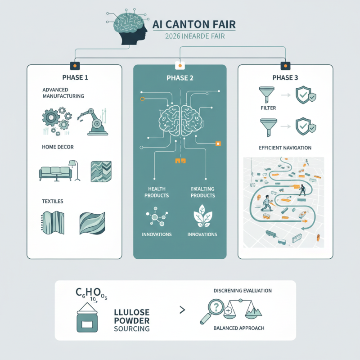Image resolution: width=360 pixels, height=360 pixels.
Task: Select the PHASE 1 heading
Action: click(74, 77)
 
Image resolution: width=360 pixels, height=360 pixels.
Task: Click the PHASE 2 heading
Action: click(180, 77)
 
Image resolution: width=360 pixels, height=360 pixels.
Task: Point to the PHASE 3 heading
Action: click(285, 77)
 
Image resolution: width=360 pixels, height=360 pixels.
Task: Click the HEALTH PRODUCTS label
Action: click(156, 193)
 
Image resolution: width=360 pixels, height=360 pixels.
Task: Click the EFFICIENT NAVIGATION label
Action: click(285, 148)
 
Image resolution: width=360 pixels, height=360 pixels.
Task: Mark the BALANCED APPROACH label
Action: click(238, 328)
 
